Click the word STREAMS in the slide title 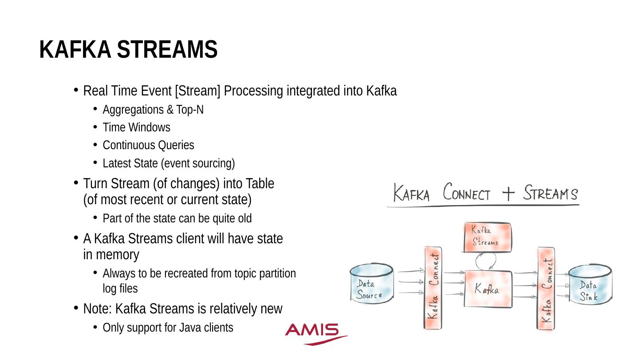(x=167, y=49)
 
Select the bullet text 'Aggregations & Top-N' (x=153, y=110)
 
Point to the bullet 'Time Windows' (x=136, y=127)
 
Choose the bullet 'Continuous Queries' (x=148, y=145)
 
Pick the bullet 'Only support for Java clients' (x=168, y=328)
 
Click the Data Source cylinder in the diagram (x=371, y=284)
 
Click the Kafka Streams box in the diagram (x=487, y=237)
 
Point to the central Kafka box (x=487, y=289)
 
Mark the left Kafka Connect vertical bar (x=434, y=289)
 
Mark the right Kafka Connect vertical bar (x=546, y=289)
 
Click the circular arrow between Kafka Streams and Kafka (x=486, y=261)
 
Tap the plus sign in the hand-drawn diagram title (x=507, y=194)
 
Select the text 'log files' (x=120, y=289)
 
